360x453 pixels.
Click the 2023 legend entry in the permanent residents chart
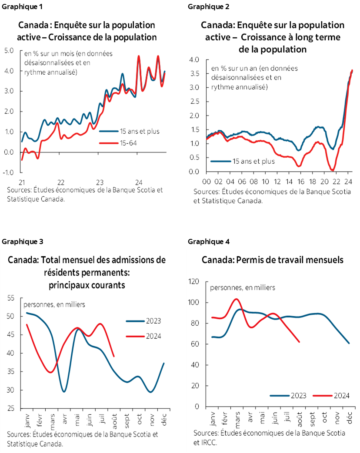[143, 321]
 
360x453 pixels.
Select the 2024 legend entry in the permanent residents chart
[143, 336]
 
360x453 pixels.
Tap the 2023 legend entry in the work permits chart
[288, 396]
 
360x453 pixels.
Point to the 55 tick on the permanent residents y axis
[11, 298]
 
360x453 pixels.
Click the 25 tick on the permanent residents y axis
[11, 409]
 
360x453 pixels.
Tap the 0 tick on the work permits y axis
[197, 407]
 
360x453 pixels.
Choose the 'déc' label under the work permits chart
[350, 417]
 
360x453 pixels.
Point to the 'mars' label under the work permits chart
[237, 418]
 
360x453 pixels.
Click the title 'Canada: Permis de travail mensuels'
[273, 260]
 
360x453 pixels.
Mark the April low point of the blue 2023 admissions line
[64, 391]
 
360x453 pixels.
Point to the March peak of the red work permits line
[236, 299]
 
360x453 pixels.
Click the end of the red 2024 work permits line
[299, 342]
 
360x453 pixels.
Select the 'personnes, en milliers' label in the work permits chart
[243, 288]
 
